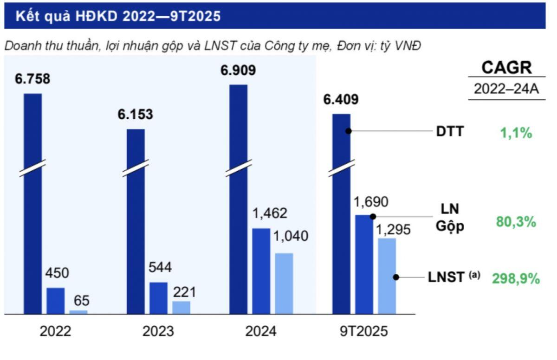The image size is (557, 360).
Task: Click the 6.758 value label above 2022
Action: click(x=32, y=79)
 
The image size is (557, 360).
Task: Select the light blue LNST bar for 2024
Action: click(x=284, y=283)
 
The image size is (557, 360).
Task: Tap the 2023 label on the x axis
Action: click(x=158, y=332)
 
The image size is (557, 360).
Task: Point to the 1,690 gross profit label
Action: click(x=371, y=202)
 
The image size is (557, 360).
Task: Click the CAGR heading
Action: click(x=506, y=68)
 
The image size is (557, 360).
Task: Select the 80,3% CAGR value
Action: click(x=516, y=222)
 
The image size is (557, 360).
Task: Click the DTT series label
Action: click(x=449, y=132)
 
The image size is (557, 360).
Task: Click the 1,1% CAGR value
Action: click(x=516, y=134)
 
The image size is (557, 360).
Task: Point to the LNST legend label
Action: click(x=446, y=277)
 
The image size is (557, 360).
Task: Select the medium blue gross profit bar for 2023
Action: click(x=158, y=298)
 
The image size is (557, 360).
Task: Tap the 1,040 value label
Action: click(x=290, y=236)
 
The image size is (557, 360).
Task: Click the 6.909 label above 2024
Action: click(x=238, y=71)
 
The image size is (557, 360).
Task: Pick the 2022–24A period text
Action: click(x=506, y=89)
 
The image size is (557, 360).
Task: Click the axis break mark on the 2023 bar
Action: click(x=136, y=168)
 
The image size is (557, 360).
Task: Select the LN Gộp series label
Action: click(x=449, y=218)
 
